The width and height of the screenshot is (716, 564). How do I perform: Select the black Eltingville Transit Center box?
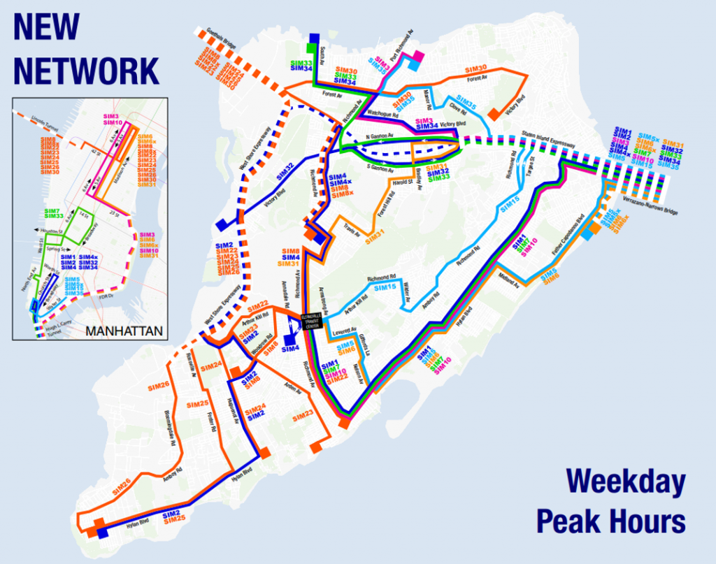pyautogui.click(x=312, y=321)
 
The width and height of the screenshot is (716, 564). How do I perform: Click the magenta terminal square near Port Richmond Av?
pyautogui.click(x=419, y=56)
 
